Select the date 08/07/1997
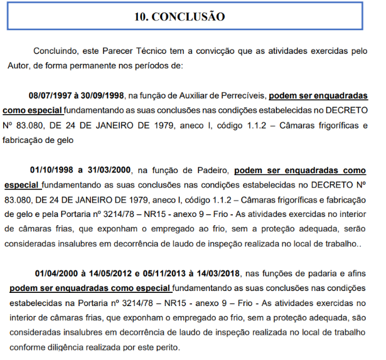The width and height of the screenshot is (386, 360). [x=51, y=96]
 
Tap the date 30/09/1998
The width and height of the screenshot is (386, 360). [x=104, y=96]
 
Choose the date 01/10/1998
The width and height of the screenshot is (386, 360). [x=51, y=170]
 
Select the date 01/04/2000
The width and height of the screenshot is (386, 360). [x=56, y=273]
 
